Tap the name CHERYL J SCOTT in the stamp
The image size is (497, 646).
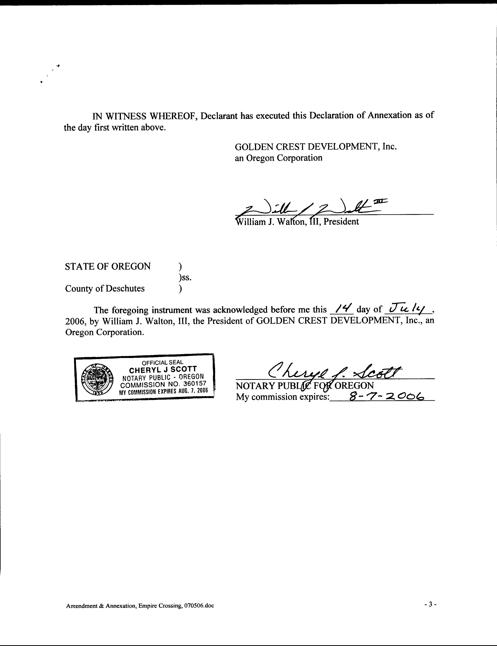[x=163, y=370]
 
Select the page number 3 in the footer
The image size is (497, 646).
[x=430, y=604]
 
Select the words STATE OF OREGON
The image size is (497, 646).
[x=108, y=266]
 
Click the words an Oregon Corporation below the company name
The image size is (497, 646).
[x=278, y=158]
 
